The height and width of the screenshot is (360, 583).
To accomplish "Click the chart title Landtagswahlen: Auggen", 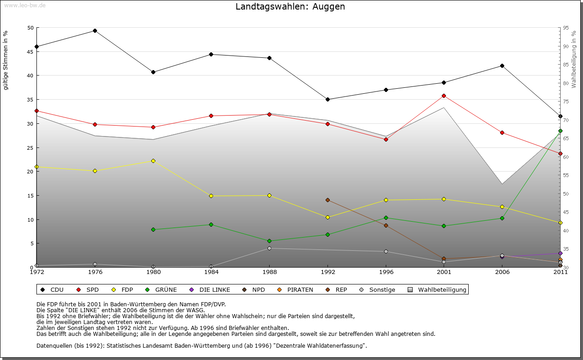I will [290, 7].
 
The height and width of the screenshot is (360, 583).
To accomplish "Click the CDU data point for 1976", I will [95, 31].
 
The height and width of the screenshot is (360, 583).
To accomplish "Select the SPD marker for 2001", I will [444, 96].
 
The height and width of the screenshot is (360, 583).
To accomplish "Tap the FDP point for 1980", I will [153, 161].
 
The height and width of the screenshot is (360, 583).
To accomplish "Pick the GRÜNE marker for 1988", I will [269, 241].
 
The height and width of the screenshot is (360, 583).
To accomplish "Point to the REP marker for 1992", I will [327, 200].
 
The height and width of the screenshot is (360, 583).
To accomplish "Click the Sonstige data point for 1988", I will [269, 248].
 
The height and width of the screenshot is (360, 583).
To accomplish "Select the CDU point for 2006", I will [502, 66].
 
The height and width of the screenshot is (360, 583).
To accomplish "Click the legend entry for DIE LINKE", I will [214, 289].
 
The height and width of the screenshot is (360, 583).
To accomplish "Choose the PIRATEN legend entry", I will [300, 289].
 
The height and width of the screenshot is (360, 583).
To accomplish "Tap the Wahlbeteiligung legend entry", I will [442, 289].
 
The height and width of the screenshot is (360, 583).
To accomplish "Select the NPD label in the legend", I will [258, 289].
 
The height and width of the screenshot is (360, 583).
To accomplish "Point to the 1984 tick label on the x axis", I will [211, 273].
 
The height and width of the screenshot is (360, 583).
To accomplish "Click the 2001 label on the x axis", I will [444, 273].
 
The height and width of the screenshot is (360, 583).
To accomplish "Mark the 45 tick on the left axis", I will [31, 51].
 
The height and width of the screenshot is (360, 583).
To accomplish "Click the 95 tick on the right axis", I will [566, 28].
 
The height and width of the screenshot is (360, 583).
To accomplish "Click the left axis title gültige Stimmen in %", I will [6, 61].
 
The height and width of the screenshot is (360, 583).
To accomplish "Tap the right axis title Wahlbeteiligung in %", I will [574, 59].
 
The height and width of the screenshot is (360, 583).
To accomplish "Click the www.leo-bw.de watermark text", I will [24, 5].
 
